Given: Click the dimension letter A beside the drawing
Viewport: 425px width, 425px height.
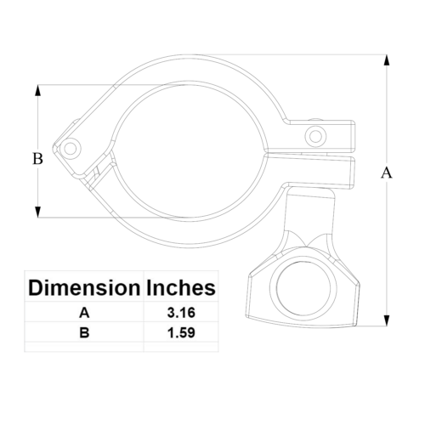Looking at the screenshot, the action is tap(387, 173).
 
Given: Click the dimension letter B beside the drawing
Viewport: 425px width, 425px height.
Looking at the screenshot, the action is tap(37, 158).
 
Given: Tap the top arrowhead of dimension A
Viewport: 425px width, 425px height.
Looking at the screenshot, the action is tap(387, 60).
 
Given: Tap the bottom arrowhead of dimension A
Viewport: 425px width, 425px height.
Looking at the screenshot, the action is tap(386, 320).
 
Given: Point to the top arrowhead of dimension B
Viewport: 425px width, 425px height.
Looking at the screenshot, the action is tap(37, 90).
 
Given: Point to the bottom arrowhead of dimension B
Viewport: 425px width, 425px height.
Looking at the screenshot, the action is tap(37, 212).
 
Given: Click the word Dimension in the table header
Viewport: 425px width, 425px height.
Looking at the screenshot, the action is tap(84, 287).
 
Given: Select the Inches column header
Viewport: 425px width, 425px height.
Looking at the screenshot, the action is tap(181, 287).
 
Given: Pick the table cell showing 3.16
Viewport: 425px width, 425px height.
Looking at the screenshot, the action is tap(181, 313).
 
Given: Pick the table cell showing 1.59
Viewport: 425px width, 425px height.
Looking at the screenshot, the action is tap(181, 332).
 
